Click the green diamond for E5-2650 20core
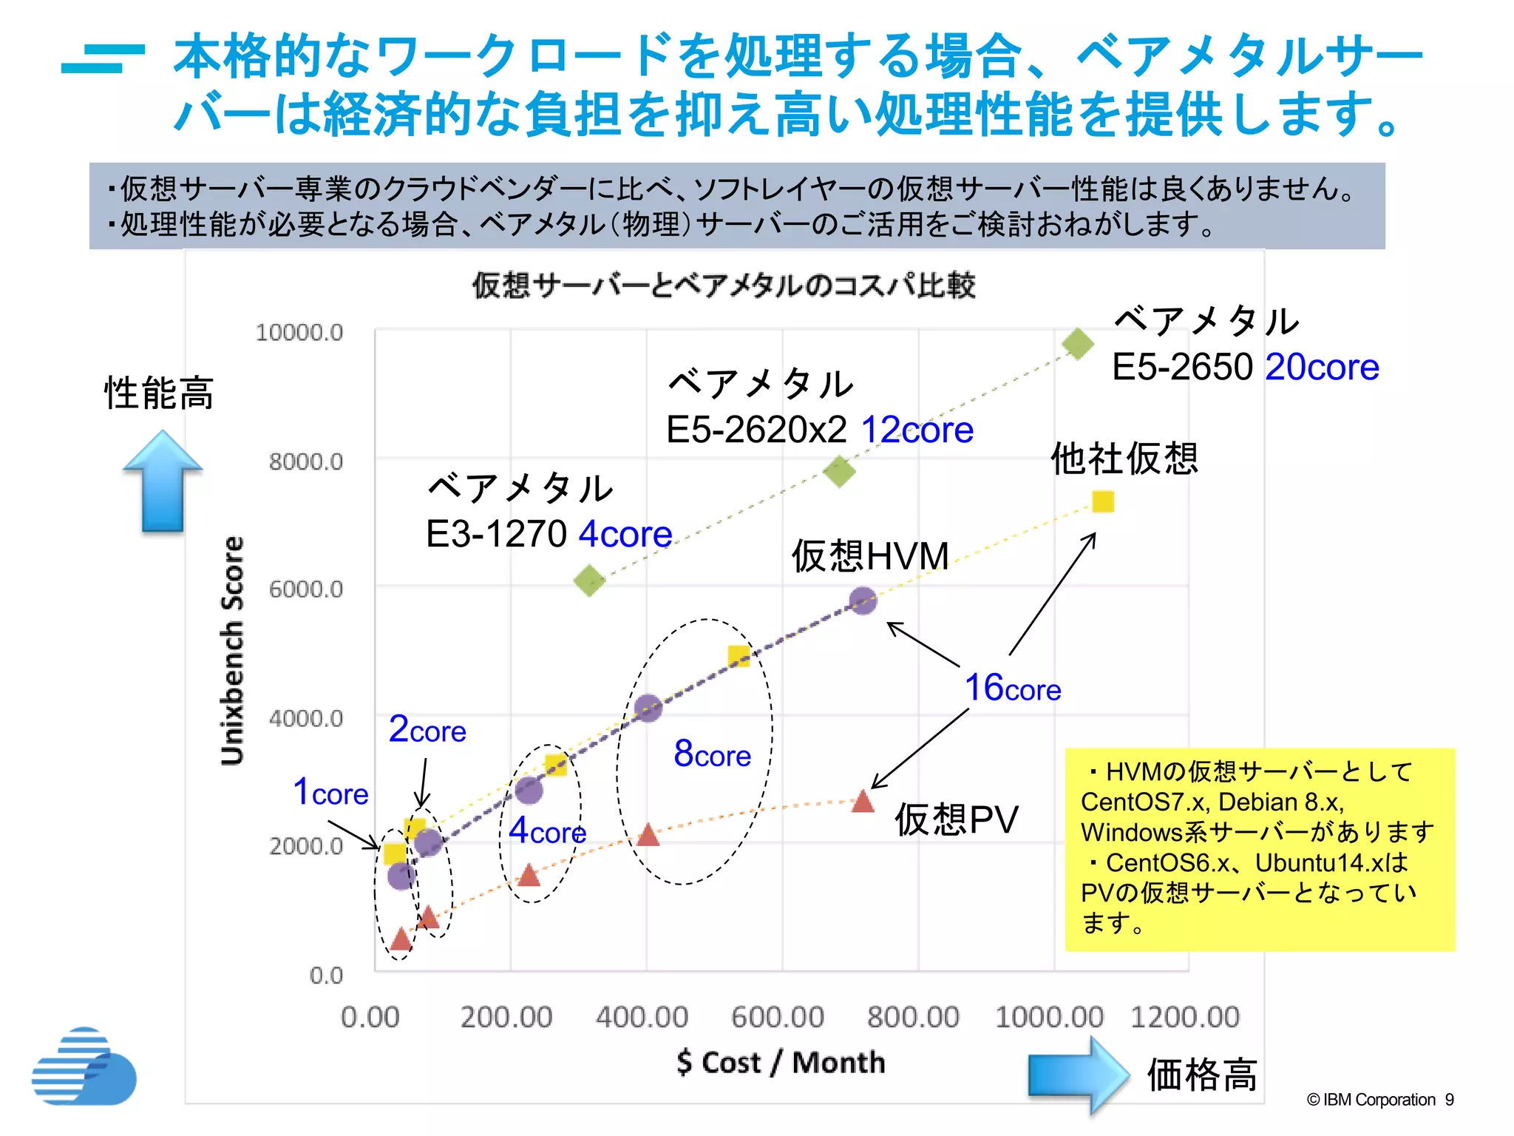pyautogui.click(x=1078, y=344)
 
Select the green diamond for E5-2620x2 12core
pyautogui.click(x=839, y=471)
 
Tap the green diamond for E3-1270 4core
pyautogui.click(x=589, y=581)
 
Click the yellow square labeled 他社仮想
pyautogui.click(x=1102, y=502)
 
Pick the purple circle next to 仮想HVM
pyautogui.click(x=863, y=601)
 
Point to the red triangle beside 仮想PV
pyautogui.click(x=863, y=802)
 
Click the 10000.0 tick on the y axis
pyautogui.click(x=299, y=333)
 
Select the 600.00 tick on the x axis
pyautogui.click(x=777, y=1017)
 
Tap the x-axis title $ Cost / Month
pyautogui.click(x=781, y=1063)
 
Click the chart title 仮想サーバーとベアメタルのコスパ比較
pyautogui.click(x=724, y=285)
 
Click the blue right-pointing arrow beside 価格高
pyautogui.click(x=1079, y=1075)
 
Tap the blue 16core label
pyautogui.click(x=1013, y=688)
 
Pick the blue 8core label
pyautogui.click(x=712, y=754)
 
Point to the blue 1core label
pyautogui.click(x=330, y=792)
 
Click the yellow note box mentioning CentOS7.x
pyautogui.click(x=1259, y=849)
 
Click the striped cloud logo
pyautogui.click(x=84, y=1067)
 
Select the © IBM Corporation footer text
pyautogui.click(x=1379, y=1100)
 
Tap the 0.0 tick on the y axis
pyautogui.click(x=325, y=976)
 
